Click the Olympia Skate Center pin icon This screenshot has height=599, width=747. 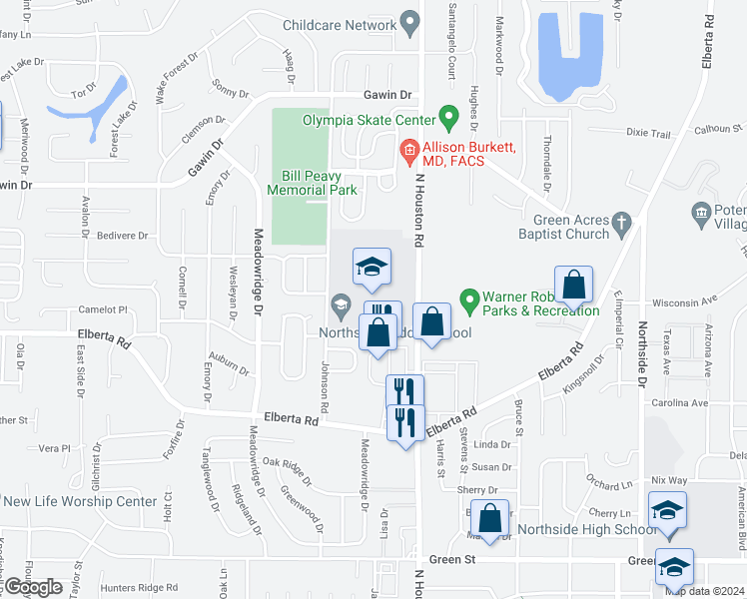pyautogui.click(x=448, y=120)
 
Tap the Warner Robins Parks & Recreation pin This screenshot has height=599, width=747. pyautogui.click(x=467, y=299)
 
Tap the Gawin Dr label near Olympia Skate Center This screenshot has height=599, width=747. pyautogui.click(x=387, y=94)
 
